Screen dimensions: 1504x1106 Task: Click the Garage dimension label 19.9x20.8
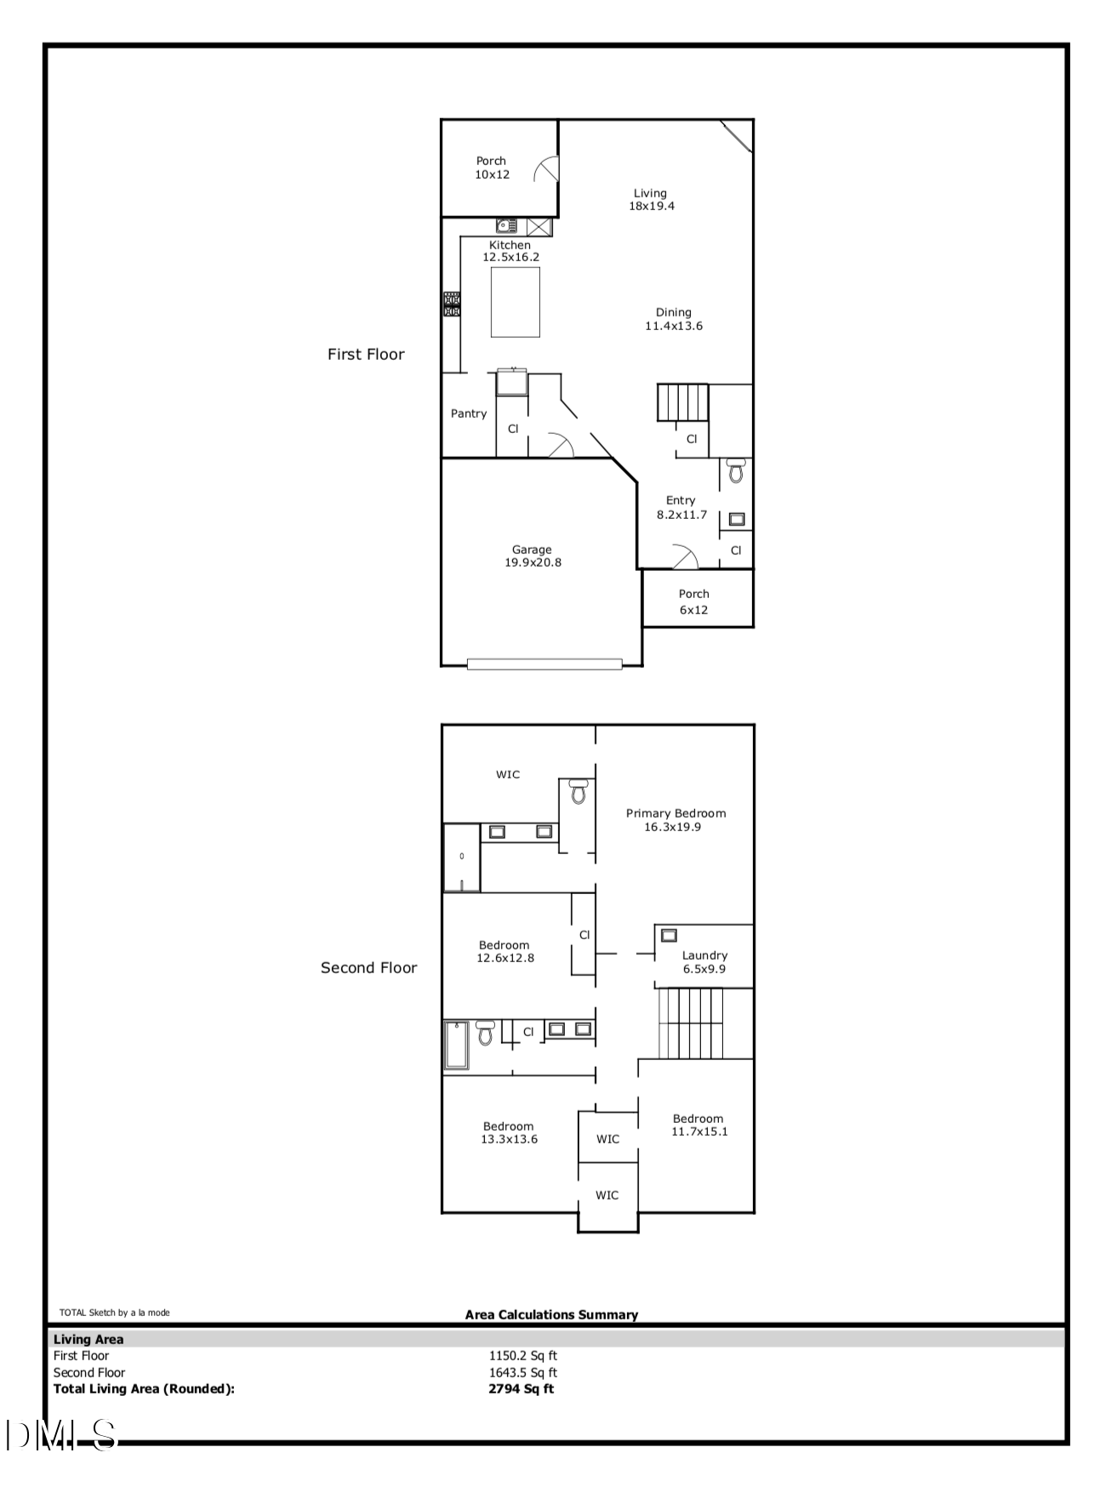tap(533, 562)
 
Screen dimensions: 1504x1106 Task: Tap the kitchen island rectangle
tap(516, 302)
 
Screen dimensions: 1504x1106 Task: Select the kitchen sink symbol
tap(507, 226)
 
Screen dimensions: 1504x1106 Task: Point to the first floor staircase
tap(682, 402)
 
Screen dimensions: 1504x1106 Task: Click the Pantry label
tap(469, 413)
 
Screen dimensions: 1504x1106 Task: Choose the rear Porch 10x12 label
tap(492, 168)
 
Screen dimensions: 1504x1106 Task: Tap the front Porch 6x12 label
tap(694, 601)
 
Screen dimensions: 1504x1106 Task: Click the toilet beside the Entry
tap(736, 470)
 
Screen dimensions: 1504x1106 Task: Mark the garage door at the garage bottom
tap(544, 664)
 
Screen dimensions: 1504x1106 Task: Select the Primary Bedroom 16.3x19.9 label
tap(676, 820)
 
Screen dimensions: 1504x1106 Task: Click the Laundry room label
tap(704, 961)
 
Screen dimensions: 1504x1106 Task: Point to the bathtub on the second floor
tap(456, 1045)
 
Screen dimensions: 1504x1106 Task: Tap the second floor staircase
tap(692, 1023)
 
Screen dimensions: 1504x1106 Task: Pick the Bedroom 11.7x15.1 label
tap(698, 1125)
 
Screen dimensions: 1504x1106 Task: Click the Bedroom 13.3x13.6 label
tap(509, 1132)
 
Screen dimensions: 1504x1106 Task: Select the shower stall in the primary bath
tap(462, 857)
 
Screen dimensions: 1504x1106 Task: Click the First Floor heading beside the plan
tap(366, 354)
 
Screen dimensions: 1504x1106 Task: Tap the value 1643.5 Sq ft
tap(522, 1372)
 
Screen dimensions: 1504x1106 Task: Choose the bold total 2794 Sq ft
tap(521, 1388)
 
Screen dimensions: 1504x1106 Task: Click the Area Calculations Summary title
tap(551, 1314)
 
